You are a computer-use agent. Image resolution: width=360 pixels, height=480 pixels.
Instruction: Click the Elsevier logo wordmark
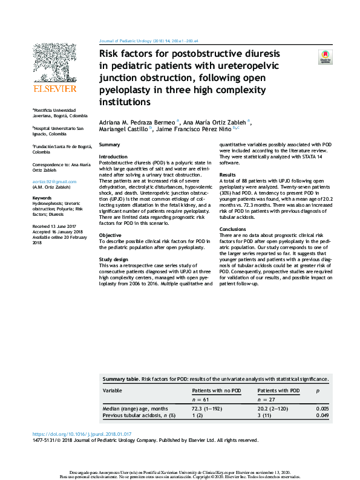pyautogui.click(x=55, y=89)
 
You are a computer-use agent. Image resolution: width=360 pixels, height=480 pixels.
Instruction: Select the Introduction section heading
pyautogui.click(x=113, y=157)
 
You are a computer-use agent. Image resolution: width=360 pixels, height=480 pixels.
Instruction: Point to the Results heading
pyautogui.click(x=227, y=174)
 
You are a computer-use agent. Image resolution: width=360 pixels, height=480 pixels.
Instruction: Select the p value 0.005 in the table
pyautogui.click(x=323, y=409)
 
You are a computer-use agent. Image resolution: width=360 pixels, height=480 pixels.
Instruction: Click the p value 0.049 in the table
pyautogui.click(x=323, y=415)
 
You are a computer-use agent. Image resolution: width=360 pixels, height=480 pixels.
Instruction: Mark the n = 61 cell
pyautogui.click(x=200, y=400)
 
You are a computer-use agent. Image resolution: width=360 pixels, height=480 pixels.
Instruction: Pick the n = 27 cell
pyautogui.click(x=267, y=400)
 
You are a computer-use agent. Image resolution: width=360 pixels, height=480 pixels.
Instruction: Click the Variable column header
pyautogui.click(x=112, y=391)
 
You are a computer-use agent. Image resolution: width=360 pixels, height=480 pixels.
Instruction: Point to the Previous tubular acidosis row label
pyautogui.click(x=139, y=415)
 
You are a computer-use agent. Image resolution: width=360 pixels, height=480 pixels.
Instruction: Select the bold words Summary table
pyautogui.click(x=120, y=378)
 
